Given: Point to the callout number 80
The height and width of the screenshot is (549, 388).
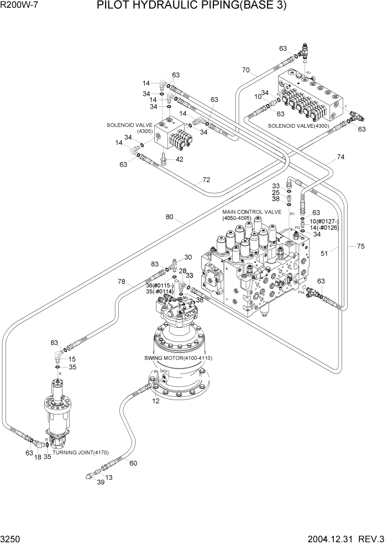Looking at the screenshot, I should click(x=170, y=217).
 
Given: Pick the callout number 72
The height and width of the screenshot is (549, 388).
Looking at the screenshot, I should click(x=206, y=180).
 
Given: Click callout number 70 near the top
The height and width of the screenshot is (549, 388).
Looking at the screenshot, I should click(x=246, y=70).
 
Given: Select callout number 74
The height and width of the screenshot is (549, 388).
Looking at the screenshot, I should click(x=341, y=157).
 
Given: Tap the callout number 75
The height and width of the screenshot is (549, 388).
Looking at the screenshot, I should click(x=361, y=246).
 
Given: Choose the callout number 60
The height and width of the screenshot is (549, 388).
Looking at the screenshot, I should click(x=133, y=463).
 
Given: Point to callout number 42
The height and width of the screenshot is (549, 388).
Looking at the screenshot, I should click(x=180, y=159).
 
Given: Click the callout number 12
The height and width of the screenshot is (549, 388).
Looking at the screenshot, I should click(x=156, y=401).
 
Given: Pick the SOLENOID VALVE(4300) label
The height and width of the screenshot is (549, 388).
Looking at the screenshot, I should click(x=297, y=126).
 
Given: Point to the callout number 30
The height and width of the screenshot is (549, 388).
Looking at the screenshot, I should click(x=188, y=257).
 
